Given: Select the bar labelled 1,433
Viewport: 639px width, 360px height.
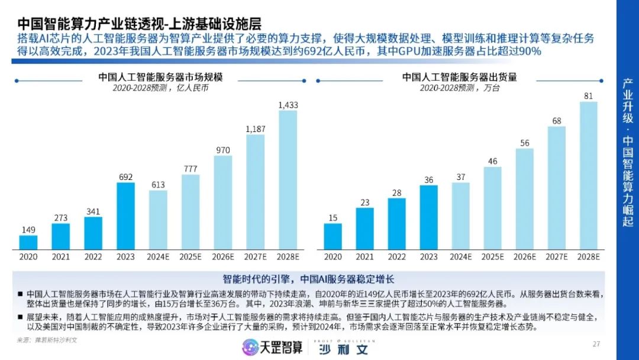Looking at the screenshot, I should [288, 180].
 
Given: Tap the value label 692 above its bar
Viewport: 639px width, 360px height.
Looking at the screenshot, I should [125, 176].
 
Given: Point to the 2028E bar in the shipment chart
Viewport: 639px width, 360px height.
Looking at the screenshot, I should [588, 175].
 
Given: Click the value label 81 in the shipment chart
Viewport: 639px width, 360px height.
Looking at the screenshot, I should [588, 95].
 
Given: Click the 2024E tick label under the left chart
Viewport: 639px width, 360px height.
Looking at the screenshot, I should [158, 256].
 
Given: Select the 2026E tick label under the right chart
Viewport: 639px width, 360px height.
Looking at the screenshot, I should [524, 256].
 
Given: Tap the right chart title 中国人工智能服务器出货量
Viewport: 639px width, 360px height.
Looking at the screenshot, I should [459, 77].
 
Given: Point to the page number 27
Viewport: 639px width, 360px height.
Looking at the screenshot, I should [596, 344].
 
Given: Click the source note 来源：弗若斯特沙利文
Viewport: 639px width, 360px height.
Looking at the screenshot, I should [47, 340].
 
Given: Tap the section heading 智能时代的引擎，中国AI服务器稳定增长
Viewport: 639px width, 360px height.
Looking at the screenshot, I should [308, 279].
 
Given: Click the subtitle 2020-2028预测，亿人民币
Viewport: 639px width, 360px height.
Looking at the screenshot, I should [160, 88].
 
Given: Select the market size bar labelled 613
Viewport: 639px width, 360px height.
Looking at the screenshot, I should [158, 220].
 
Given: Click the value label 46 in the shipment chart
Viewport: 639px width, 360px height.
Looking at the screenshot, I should [492, 160].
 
